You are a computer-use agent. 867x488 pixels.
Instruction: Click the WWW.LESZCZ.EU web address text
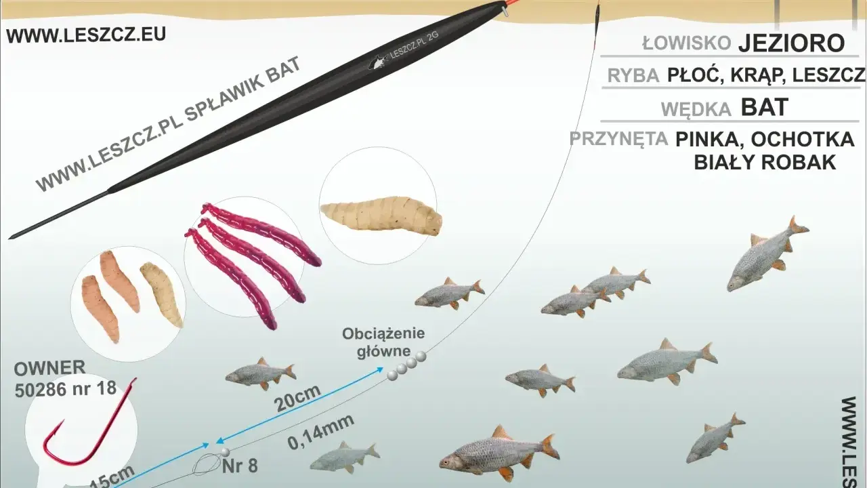(x=86, y=35)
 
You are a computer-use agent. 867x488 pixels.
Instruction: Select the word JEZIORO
(x=792, y=43)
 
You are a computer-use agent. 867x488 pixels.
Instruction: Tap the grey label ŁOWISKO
(x=687, y=43)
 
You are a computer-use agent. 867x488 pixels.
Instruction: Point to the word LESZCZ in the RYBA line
(x=828, y=75)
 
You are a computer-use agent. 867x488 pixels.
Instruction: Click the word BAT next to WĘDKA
(x=765, y=107)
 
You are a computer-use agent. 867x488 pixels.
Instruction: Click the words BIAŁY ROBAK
(x=765, y=163)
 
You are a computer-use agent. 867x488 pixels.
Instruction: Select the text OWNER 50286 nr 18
(x=65, y=378)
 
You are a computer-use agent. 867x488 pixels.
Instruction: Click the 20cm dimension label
(x=297, y=398)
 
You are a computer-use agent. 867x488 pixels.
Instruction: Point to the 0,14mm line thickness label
(x=321, y=432)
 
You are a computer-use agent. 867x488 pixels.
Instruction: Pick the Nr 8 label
(x=240, y=466)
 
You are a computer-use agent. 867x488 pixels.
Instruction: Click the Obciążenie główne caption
(x=383, y=342)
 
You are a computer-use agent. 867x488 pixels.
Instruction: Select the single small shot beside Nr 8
(x=225, y=452)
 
